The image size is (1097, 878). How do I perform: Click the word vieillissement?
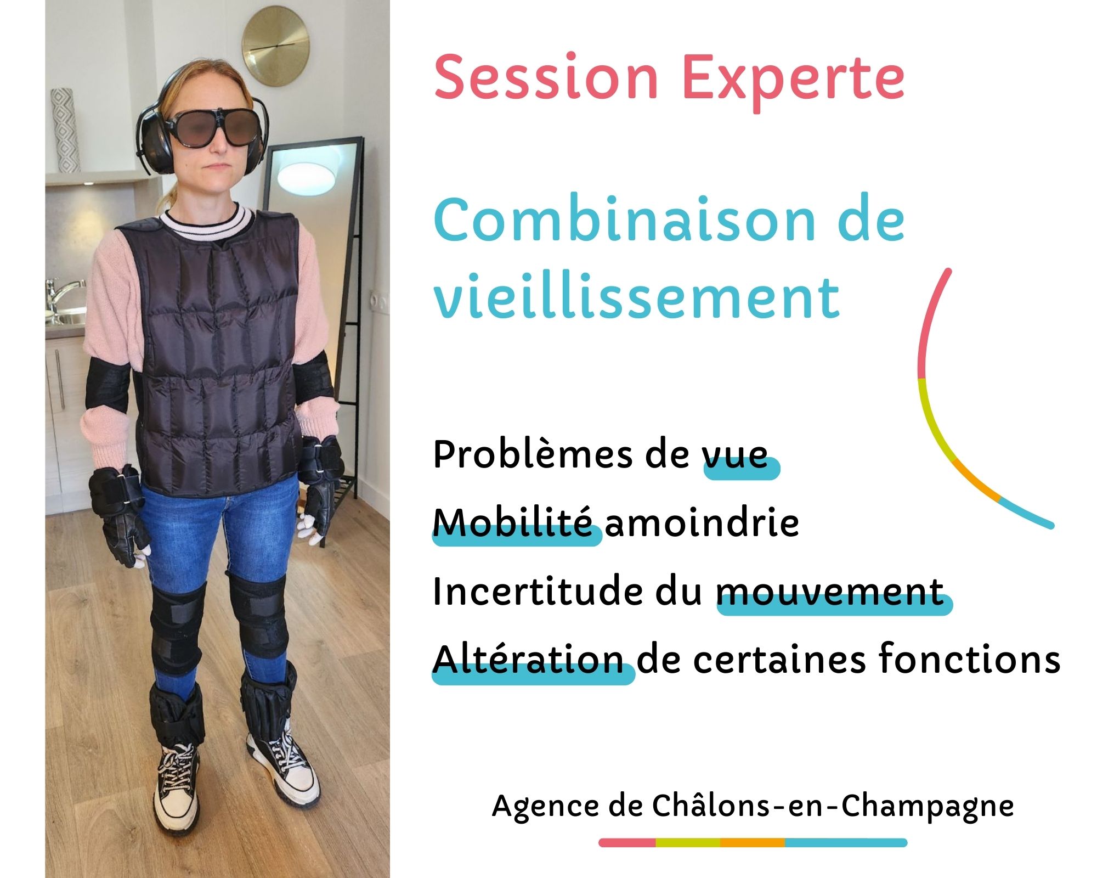(636, 298)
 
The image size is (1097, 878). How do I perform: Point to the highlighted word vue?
(736, 455)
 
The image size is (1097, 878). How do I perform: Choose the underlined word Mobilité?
(513, 523)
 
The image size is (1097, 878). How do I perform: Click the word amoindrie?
(702, 523)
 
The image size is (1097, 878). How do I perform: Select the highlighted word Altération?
(528, 660)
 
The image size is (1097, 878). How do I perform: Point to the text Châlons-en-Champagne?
(833, 806)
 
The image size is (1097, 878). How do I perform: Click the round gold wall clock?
(275, 46)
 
